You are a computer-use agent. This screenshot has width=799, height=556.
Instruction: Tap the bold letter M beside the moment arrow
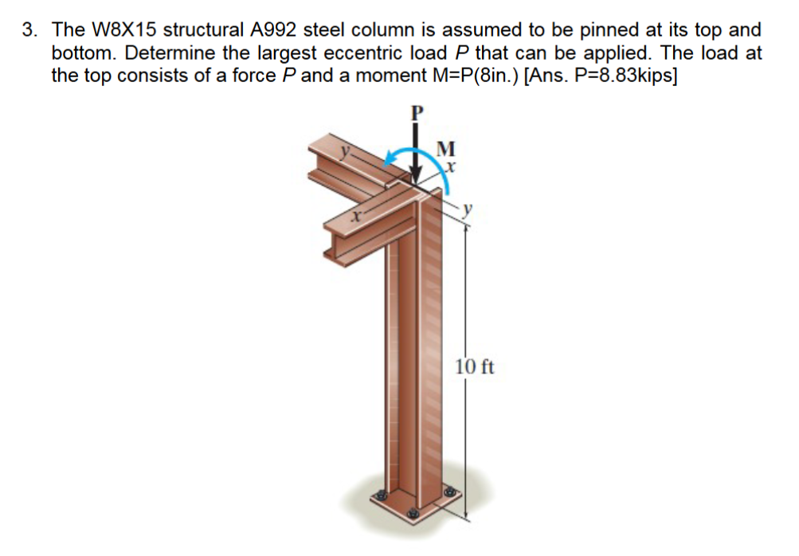pyautogui.click(x=447, y=149)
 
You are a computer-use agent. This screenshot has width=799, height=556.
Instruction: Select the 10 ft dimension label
pyautogui.click(x=476, y=367)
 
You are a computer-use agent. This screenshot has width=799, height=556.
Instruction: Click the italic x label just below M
pyautogui.click(x=450, y=167)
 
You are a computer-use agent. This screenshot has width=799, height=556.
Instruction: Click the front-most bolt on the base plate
pyautogui.click(x=413, y=515)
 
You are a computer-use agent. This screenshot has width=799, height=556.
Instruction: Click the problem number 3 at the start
pyautogui.click(x=29, y=31)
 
